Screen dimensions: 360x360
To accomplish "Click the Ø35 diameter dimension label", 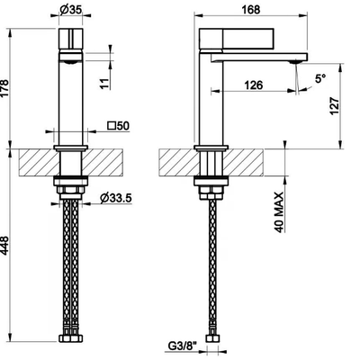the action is (71, 10).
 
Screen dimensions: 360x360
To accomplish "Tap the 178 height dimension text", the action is (5, 88).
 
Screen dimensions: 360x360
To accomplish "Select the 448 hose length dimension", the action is (5, 246).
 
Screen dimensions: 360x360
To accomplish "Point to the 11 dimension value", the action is (104, 83).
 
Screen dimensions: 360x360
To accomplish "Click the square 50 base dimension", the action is (119, 126).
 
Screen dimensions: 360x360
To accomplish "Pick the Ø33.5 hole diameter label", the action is (116, 198).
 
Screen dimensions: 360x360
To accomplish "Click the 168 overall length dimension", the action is (251, 10).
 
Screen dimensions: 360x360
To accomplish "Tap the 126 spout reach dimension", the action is (254, 85).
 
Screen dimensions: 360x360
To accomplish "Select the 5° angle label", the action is (320, 79).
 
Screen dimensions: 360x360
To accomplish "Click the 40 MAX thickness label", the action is (279, 212).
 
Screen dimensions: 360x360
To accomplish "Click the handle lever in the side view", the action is (237, 39).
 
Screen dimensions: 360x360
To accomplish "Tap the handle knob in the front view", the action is (70, 39).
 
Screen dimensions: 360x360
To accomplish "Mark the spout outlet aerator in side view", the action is (294, 62).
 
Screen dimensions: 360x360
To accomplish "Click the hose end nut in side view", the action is (212, 338).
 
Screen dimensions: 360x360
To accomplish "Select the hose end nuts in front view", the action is (70, 338).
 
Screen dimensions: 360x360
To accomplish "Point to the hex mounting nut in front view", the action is (70, 190).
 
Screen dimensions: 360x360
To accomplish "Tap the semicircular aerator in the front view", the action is (70, 62).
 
